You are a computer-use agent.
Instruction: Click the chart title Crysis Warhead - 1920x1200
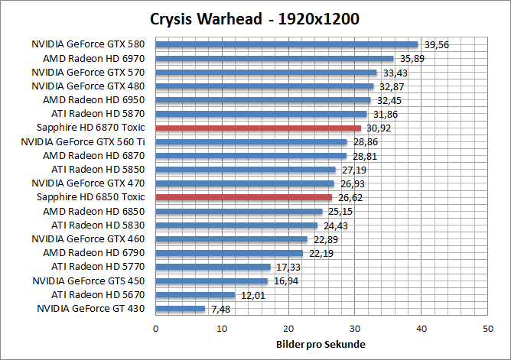pyautogui.click(x=255, y=18)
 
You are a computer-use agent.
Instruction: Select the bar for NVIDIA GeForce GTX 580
pyautogui.click(x=287, y=44)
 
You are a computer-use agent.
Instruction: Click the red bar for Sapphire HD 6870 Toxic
pyautogui.click(x=258, y=128)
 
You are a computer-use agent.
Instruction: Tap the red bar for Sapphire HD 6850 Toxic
pyautogui.click(x=243, y=197)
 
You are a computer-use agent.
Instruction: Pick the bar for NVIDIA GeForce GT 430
pyautogui.click(x=181, y=309)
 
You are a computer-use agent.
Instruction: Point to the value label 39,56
pyautogui.click(x=435, y=45)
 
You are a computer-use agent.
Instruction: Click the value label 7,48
pyautogui.click(x=219, y=310)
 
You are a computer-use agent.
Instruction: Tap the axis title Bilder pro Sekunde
pyautogui.click(x=321, y=343)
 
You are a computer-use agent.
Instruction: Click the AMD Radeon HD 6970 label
pyautogui.click(x=101, y=58)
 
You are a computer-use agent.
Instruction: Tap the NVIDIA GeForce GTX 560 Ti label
pyautogui.click(x=83, y=141)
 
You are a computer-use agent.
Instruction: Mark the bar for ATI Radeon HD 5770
pyautogui.click(x=213, y=267)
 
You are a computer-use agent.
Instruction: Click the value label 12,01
pyautogui.click(x=251, y=295)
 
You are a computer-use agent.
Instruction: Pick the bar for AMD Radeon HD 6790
pyautogui.click(x=229, y=253)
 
